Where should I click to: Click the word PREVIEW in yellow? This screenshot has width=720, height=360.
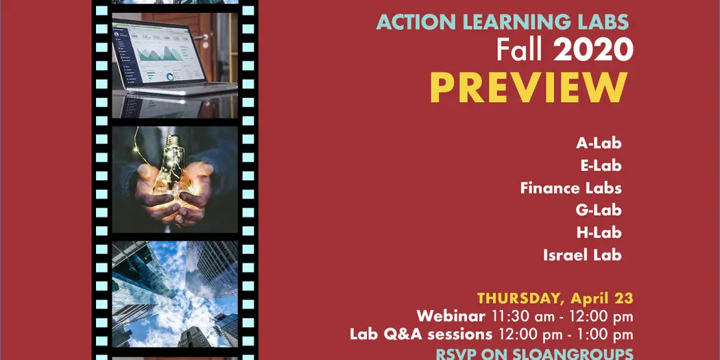click(528, 88)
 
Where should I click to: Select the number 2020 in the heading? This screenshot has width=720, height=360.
click(593, 49)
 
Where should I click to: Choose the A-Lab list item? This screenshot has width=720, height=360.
click(599, 143)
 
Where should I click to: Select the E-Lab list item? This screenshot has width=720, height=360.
click(600, 165)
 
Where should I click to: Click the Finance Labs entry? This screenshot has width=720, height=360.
click(571, 188)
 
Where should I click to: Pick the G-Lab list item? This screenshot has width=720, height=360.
click(599, 210)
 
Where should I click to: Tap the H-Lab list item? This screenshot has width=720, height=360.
click(599, 232)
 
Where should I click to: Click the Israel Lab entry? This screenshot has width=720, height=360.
click(582, 255)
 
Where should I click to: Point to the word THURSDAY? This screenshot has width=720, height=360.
click(518, 298)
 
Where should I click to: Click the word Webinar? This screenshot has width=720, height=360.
click(450, 316)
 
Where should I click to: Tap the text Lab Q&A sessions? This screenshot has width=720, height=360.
click(421, 335)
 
